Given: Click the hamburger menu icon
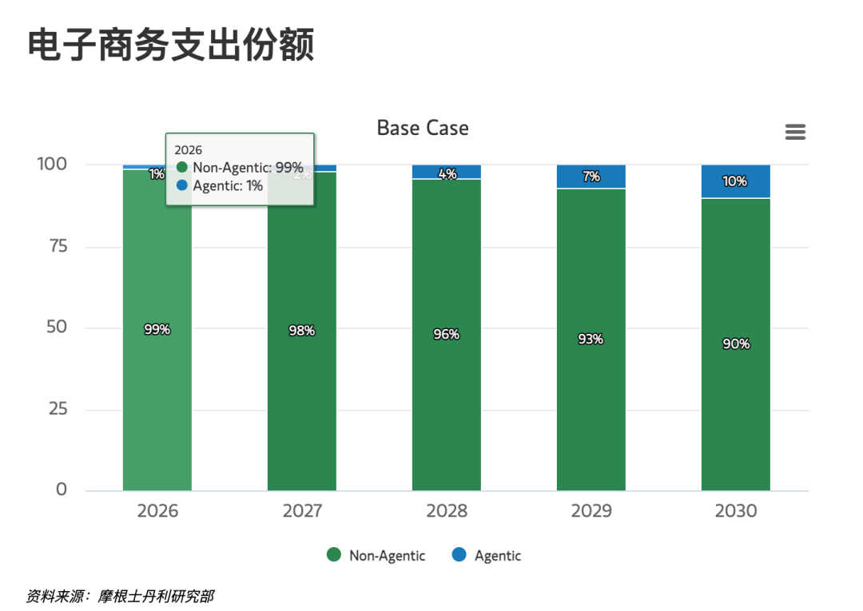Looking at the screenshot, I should [x=795, y=132].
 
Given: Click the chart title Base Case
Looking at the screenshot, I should [x=423, y=128].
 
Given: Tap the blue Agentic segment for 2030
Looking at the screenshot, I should [x=735, y=181].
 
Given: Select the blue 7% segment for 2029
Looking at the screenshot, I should [x=591, y=177].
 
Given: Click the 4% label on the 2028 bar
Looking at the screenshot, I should [x=447, y=173].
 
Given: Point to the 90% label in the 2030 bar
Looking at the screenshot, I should [x=736, y=343].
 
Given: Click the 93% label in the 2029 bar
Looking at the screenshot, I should [x=591, y=339].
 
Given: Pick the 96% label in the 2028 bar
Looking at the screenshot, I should [x=447, y=334].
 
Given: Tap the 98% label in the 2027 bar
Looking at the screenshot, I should [x=302, y=330].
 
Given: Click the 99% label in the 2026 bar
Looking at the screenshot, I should [x=157, y=329].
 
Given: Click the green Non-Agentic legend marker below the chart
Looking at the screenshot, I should [x=334, y=555].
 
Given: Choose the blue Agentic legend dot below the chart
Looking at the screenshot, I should [x=459, y=555].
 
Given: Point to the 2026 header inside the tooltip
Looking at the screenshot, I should [x=189, y=150].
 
